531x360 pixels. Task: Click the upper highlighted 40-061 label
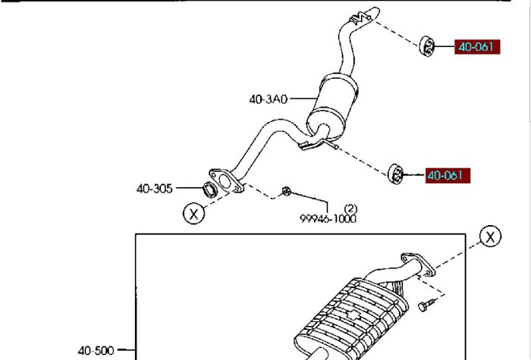point(477,47)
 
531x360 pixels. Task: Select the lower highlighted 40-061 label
point(448,176)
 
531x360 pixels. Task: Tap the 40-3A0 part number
point(269,99)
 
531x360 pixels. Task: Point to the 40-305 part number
point(155,189)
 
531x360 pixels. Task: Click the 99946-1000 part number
point(328,218)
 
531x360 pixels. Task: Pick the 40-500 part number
point(96,350)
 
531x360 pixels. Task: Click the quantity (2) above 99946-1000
point(350,208)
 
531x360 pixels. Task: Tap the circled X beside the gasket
point(193,214)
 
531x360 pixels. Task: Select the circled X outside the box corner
point(490,236)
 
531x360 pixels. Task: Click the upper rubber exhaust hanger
point(426,46)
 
